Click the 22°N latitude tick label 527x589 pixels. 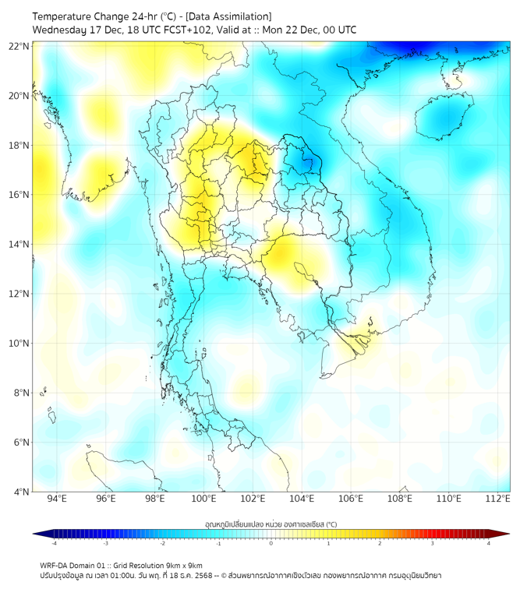[19, 46]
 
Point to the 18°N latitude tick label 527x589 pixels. [19, 146]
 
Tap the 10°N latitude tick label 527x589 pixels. [19, 343]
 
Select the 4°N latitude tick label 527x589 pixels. [21, 492]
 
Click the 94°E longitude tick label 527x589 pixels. [57, 499]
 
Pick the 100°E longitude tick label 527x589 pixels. [204, 499]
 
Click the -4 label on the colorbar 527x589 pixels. [53, 543]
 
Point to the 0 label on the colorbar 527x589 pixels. [271, 543]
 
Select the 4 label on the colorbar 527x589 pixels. [489, 543]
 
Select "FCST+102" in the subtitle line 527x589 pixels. [190, 30]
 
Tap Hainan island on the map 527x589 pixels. [442, 115]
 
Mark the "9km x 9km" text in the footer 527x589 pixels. [183, 565]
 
